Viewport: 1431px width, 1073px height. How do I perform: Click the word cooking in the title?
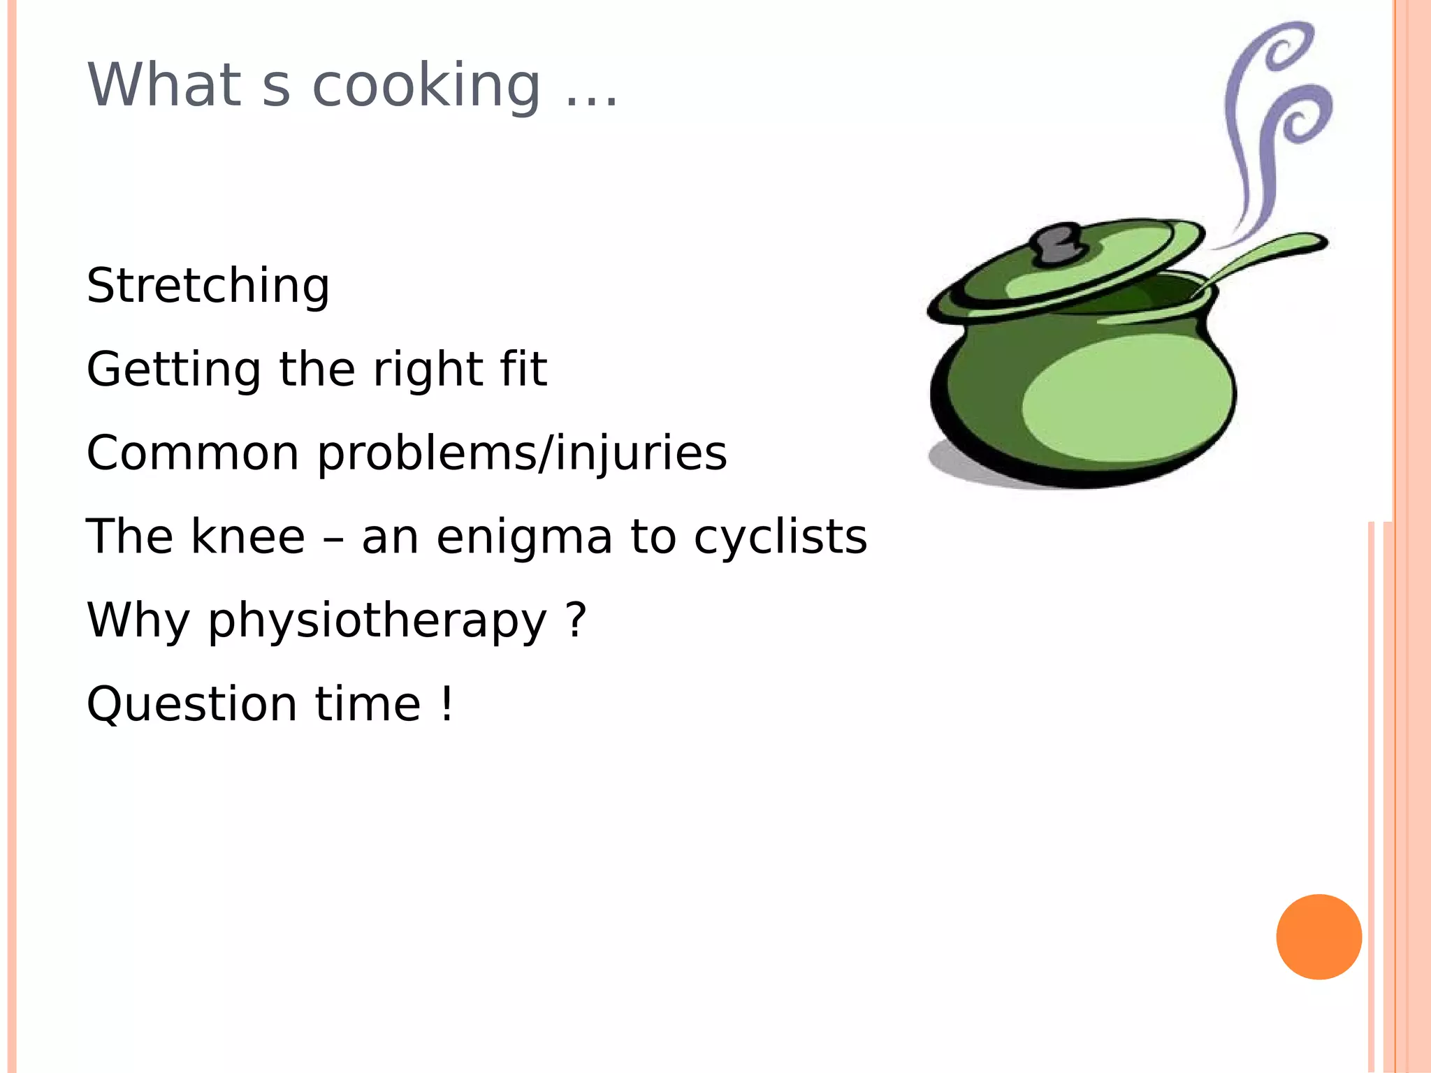(426, 87)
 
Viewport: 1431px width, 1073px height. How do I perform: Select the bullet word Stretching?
(208, 286)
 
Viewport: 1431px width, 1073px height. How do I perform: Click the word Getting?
(173, 370)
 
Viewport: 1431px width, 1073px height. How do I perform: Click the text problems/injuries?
(522, 454)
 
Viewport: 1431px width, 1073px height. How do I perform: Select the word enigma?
(524, 538)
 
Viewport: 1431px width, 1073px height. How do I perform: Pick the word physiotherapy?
(377, 622)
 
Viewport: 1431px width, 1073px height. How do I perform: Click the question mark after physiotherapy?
(576, 619)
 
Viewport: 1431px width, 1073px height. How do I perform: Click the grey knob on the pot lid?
(1057, 244)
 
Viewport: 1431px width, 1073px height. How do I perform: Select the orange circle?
(1319, 937)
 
